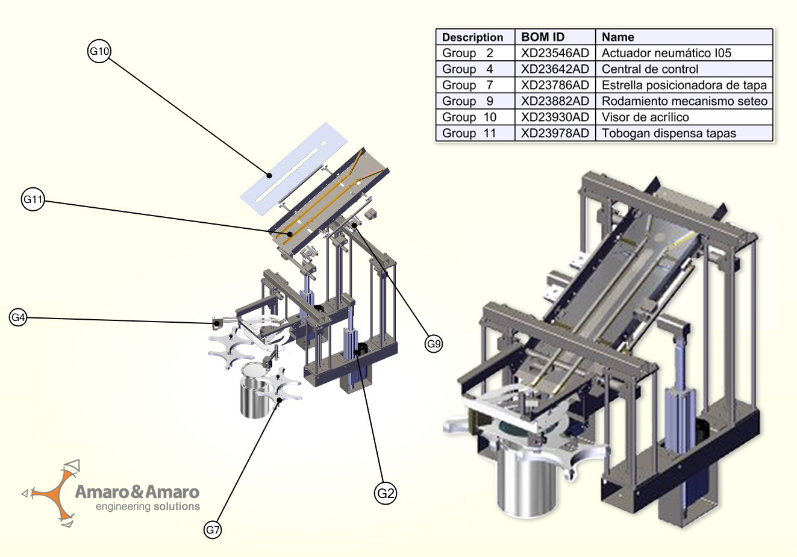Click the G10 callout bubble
coord(99,52)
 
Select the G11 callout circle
coord(33,199)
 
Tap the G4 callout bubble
coord(19,317)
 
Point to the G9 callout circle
coord(434,344)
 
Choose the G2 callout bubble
coord(386,494)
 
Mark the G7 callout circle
coord(213,530)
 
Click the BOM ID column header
coord(543,37)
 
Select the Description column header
coord(472,37)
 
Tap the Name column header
coord(617,37)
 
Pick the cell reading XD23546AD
coord(555,53)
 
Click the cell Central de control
coord(650,69)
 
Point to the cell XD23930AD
coord(555,117)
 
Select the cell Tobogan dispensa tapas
coord(669,134)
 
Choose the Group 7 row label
coord(467,86)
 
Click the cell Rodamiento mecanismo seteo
coord(684,101)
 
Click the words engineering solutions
coord(148,507)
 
